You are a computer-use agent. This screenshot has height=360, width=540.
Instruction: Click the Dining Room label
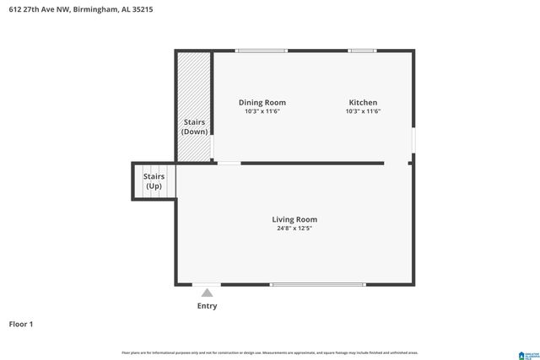tap(262, 102)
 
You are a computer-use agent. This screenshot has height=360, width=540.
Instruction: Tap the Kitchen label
tap(363, 102)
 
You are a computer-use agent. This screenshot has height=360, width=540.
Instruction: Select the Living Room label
tap(294, 219)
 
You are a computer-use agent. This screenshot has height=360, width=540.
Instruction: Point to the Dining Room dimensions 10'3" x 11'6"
tap(262, 111)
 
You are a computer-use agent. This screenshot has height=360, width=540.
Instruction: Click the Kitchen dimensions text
tap(363, 111)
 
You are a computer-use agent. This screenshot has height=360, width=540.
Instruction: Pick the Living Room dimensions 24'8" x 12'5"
tap(294, 228)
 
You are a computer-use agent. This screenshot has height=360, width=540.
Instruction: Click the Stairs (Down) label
tap(195, 126)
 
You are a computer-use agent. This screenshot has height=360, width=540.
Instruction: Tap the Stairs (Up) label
tap(154, 181)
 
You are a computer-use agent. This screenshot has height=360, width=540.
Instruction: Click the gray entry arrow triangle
tap(207, 293)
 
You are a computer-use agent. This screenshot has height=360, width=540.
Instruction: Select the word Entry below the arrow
tap(207, 306)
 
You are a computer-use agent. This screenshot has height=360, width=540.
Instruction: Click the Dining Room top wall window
tap(261, 51)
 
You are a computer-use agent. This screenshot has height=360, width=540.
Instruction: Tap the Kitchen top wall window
tap(362, 51)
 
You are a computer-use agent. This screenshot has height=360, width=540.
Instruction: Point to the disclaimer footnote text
tap(270, 352)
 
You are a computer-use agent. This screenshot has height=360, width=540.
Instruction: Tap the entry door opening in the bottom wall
tap(207, 284)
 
